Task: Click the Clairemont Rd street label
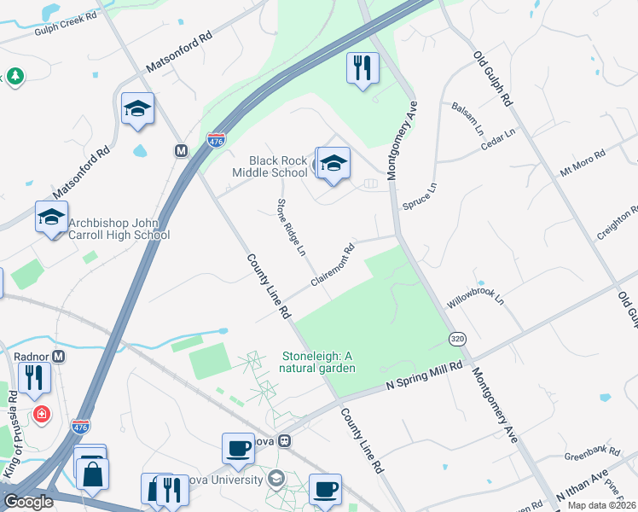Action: pos(333,266)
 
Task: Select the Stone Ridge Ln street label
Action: pos(290,227)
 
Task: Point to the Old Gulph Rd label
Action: pos(494,78)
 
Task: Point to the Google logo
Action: pos(28,502)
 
